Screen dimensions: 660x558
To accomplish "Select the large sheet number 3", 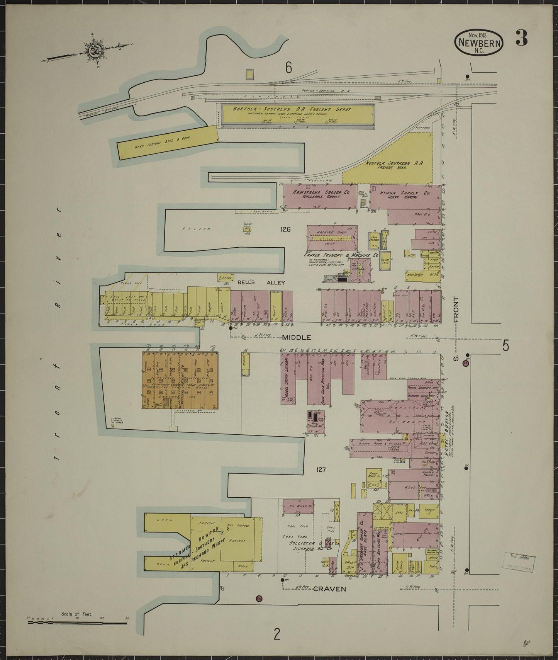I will tap(521, 39).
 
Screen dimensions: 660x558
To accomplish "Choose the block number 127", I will tap(321, 470).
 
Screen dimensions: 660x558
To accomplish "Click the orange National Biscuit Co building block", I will tap(180, 380).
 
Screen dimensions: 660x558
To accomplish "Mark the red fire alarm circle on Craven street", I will tap(259, 599).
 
